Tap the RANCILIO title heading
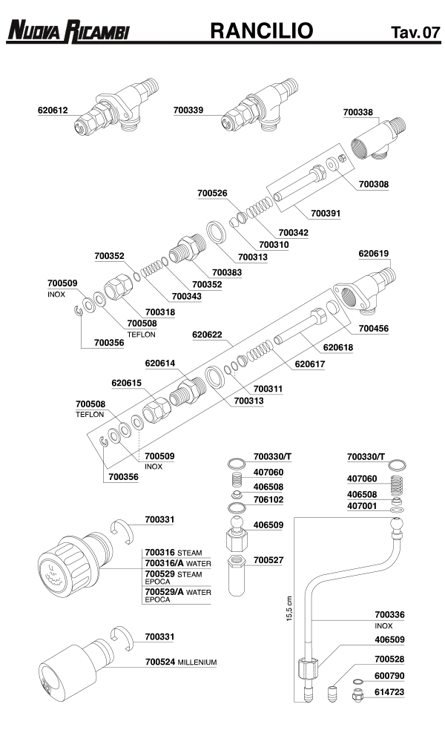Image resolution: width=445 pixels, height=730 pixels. pos(262,30)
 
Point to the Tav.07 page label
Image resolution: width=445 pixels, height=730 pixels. pos(416,33)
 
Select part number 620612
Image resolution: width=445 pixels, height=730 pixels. pos(53,111)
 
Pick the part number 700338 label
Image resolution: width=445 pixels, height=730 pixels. pos(359,113)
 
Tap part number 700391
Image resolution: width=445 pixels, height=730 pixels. pos(326,213)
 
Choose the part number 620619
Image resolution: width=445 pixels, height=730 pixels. pos(374,253)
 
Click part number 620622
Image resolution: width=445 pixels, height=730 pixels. pos(208,335)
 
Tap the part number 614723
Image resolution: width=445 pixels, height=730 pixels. pos(389,691)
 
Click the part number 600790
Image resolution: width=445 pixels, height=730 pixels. pos(389,675)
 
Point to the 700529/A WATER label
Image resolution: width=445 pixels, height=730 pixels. pos(178,592)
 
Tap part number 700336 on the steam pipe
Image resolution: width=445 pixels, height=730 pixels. pos(389,614)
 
